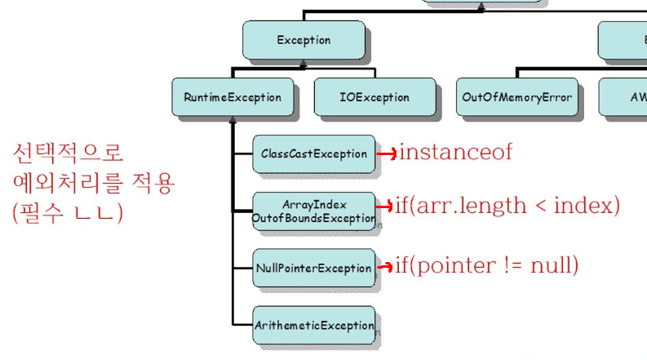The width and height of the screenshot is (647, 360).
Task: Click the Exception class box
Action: (x=303, y=40)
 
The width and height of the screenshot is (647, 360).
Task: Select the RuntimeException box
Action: (x=232, y=97)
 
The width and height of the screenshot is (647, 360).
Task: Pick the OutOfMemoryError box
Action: (x=516, y=97)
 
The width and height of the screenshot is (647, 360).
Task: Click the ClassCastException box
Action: (x=314, y=153)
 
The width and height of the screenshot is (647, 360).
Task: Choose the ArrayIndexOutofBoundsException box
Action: (x=314, y=211)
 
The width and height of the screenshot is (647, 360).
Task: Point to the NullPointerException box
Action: (x=314, y=267)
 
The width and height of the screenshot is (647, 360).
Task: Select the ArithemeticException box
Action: (x=314, y=325)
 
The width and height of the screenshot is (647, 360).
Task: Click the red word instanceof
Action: (x=455, y=152)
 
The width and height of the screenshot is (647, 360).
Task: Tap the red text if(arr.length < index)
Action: (x=507, y=205)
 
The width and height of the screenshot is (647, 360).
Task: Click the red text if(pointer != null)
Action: (x=487, y=265)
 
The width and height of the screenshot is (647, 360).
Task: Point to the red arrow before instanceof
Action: (x=388, y=153)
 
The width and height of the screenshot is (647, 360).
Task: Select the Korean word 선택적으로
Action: (x=68, y=153)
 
